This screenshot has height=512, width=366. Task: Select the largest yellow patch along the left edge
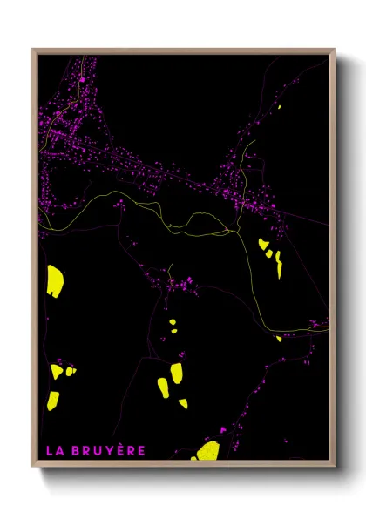click(55, 280)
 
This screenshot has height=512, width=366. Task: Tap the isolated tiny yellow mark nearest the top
click(280, 106)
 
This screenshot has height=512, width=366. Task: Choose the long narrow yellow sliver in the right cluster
click(279, 266)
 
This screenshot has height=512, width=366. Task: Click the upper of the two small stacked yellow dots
click(173, 322)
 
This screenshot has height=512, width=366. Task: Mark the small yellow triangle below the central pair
click(183, 402)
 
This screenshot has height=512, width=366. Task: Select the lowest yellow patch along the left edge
click(53, 400)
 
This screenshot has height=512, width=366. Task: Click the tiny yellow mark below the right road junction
click(279, 338)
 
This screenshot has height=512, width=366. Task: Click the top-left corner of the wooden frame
click(33, 50)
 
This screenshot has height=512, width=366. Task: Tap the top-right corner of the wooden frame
click(335, 50)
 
